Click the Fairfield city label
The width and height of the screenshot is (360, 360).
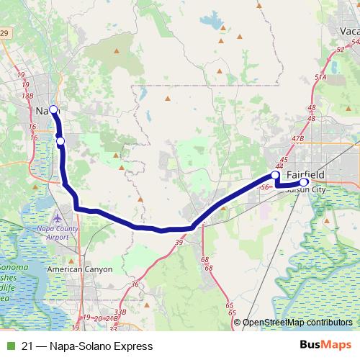click(x=305, y=175)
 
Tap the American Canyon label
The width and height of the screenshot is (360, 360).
click(x=79, y=269)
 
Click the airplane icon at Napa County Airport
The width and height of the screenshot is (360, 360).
click(x=58, y=217)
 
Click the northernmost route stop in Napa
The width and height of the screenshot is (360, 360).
click(x=53, y=109)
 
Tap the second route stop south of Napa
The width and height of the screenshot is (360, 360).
click(x=60, y=140)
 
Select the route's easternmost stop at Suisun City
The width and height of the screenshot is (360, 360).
click(x=304, y=182)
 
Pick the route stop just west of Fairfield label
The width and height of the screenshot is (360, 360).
click(x=275, y=175)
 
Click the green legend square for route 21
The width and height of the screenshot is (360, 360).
click(x=9, y=346)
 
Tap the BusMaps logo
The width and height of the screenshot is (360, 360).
click(x=325, y=345)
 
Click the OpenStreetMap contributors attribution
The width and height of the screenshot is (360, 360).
click(x=297, y=323)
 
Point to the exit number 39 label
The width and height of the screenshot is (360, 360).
click(x=178, y=243)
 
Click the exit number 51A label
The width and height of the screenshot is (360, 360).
click(x=320, y=76)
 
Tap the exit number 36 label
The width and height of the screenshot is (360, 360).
click(x=135, y=284)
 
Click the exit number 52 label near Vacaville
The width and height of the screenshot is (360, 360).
click(x=340, y=49)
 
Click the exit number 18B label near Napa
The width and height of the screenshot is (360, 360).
click(x=28, y=94)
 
